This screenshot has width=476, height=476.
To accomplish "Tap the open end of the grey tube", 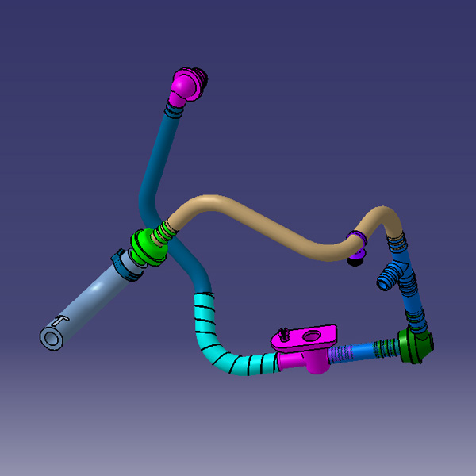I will click(x=52, y=337).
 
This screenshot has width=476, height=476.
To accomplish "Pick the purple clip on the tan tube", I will click(x=358, y=237).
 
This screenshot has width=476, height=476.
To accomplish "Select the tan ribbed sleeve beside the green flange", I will click(x=164, y=231).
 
